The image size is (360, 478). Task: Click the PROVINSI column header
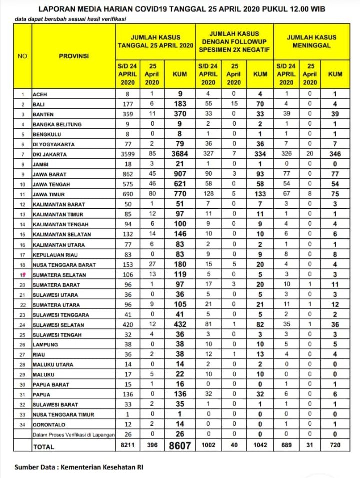(74, 56)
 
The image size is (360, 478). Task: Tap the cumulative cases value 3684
(179, 154)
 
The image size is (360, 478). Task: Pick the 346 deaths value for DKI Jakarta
(335, 154)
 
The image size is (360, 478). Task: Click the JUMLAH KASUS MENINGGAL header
(311, 41)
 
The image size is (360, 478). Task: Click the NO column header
(22, 56)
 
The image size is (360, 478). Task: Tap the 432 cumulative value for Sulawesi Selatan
(179, 324)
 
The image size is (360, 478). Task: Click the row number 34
(22, 424)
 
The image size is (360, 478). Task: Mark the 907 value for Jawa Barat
(179, 174)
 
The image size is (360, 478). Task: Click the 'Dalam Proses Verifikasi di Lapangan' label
(73, 434)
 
